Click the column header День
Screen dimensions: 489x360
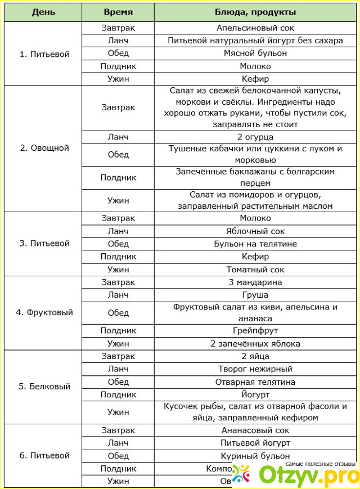pos(43,12)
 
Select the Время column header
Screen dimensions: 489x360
pos(118,12)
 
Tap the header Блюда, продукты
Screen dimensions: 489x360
pos(255,12)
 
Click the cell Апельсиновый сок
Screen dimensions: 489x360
pos(255,27)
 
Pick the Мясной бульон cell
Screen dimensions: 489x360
pos(255,53)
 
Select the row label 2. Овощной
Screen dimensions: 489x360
pos(44,148)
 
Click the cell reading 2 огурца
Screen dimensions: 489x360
pos(255,137)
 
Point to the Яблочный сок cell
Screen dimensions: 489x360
pos(255,231)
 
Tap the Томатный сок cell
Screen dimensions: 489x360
pos(255,270)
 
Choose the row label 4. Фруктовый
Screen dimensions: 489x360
pos(44,312)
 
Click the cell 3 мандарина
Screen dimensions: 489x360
pos(255,282)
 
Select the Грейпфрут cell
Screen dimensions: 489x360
pos(255,330)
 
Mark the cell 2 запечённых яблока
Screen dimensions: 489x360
pos(255,343)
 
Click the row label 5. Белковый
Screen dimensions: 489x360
pos(44,387)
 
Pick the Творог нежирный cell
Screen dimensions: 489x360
pos(255,369)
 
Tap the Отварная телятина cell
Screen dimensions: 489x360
pos(255,382)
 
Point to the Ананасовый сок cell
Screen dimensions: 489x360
pos(255,430)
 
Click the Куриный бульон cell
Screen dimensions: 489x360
pos(255,456)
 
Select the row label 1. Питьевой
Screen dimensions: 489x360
pos(44,54)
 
